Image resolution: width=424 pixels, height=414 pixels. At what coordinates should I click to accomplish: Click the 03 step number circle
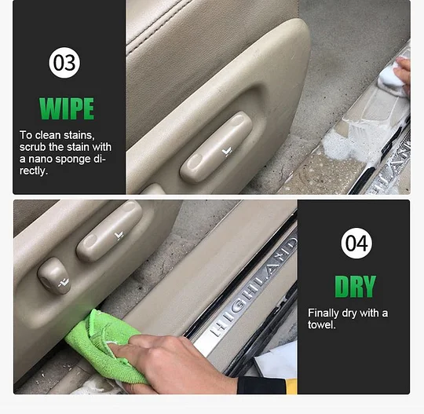point(64,63)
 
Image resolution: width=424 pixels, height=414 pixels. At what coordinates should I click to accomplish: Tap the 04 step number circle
point(356,243)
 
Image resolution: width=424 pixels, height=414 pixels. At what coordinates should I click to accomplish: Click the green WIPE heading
point(67,108)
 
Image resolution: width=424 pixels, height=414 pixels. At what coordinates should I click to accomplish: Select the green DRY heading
point(356,287)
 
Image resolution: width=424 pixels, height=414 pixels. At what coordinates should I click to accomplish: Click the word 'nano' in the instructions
point(40,159)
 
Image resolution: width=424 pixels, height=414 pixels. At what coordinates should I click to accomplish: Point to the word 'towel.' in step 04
point(322,324)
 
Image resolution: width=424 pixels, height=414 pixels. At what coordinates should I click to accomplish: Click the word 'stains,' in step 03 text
point(79,135)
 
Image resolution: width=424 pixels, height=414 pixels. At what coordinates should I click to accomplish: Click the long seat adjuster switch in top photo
point(217,147)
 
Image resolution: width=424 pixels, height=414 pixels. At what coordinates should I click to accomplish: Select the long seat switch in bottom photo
point(109,232)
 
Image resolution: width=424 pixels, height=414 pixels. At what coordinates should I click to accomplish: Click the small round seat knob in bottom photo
point(54,276)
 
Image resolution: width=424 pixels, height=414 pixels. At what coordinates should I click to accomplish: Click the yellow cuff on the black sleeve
point(291,387)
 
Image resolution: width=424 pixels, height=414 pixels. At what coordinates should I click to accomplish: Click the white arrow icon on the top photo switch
point(227,152)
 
